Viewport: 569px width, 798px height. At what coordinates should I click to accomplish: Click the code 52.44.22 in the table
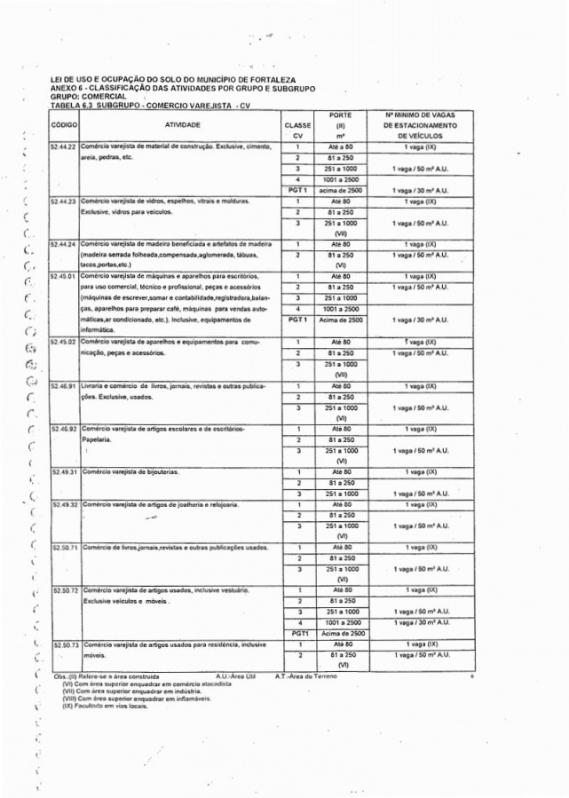click(x=64, y=146)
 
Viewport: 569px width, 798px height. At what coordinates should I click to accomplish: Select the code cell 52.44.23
click(x=64, y=201)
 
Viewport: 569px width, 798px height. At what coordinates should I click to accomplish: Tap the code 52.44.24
click(x=64, y=243)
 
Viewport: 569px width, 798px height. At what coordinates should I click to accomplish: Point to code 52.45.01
click(x=64, y=276)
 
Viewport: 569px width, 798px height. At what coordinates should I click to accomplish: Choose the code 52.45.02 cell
click(x=64, y=342)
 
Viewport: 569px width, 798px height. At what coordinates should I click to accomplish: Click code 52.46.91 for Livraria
click(x=64, y=387)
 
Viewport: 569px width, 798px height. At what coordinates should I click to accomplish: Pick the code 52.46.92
click(x=64, y=430)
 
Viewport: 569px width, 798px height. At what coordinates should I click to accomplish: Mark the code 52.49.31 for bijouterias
click(x=64, y=471)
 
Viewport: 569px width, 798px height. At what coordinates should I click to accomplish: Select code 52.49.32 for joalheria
click(x=64, y=504)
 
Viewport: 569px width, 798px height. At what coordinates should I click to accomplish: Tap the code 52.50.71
click(x=64, y=548)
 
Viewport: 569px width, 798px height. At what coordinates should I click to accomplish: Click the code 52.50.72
click(x=64, y=589)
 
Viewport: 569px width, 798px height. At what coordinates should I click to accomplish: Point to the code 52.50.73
click(x=64, y=644)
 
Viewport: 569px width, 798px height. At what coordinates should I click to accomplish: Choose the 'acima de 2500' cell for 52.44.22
click(x=340, y=190)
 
